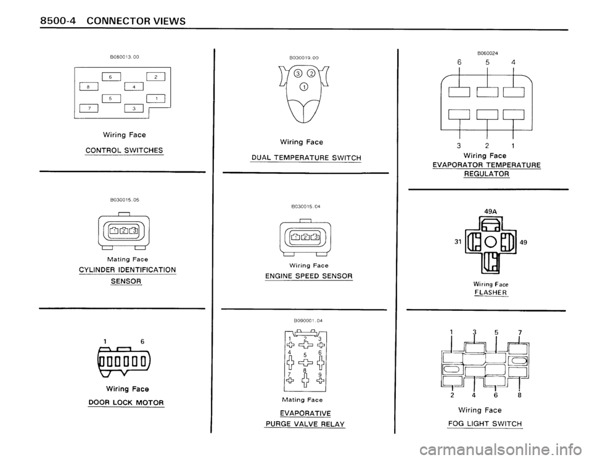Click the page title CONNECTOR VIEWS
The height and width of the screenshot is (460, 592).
127,20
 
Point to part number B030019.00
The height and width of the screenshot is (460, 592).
303,57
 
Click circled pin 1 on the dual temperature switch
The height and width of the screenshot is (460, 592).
303,86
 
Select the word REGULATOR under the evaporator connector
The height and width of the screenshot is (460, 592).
487,175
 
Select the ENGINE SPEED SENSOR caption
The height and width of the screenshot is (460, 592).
305,275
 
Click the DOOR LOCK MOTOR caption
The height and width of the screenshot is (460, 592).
125,403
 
